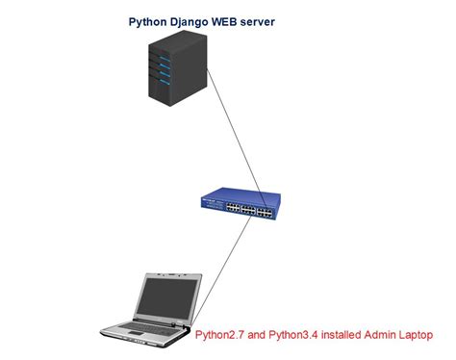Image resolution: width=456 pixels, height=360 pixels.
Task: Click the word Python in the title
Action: coord(149,21)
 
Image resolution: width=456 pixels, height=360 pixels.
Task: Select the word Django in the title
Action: coord(195,21)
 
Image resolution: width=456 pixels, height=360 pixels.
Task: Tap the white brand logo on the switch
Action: coord(211,200)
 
